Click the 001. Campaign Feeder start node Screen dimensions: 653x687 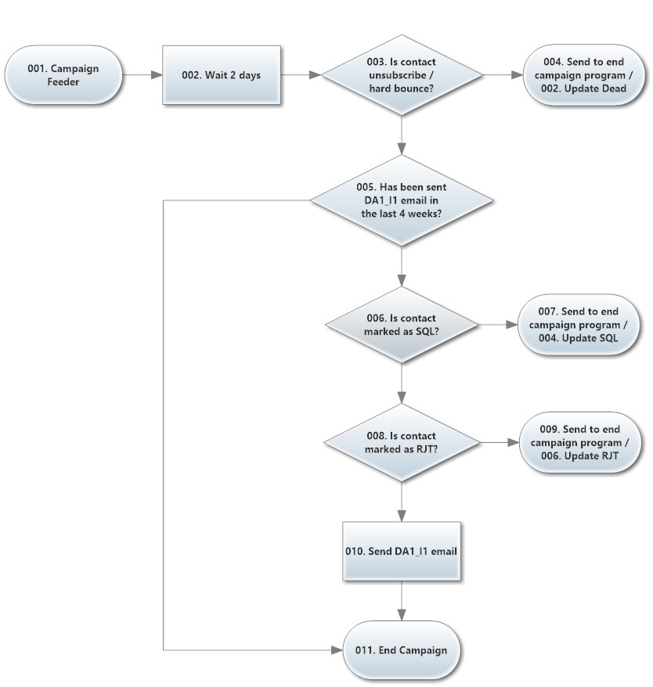coord(63,75)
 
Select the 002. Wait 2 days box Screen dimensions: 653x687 coord(222,75)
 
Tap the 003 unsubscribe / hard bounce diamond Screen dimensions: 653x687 coord(402,75)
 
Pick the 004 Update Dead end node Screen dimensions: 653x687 coord(584,75)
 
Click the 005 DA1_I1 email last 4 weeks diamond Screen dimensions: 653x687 coord(402,200)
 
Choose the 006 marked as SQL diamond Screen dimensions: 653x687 coord(402,325)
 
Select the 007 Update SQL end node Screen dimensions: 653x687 coord(578,325)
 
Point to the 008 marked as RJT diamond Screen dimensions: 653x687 coord(402,443)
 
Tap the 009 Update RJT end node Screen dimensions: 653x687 coord(579,443)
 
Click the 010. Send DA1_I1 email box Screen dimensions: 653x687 coord(402,551)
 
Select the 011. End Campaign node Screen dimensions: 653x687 coord(402,650)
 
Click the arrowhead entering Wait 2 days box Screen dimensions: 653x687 coord(157,75)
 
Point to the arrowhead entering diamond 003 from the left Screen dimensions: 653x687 coord(316,75)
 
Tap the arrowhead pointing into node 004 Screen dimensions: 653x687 coord(518,75)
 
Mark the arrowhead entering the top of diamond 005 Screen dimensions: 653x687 coord(402,149)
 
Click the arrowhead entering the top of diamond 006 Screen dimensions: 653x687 coord(402,281)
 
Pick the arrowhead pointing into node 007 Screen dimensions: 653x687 coord(512,325)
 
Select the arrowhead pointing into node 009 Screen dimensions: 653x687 coord(514,443)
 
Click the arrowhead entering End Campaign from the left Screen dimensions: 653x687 coord(337,650)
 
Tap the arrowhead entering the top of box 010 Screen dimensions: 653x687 coord(402,516)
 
